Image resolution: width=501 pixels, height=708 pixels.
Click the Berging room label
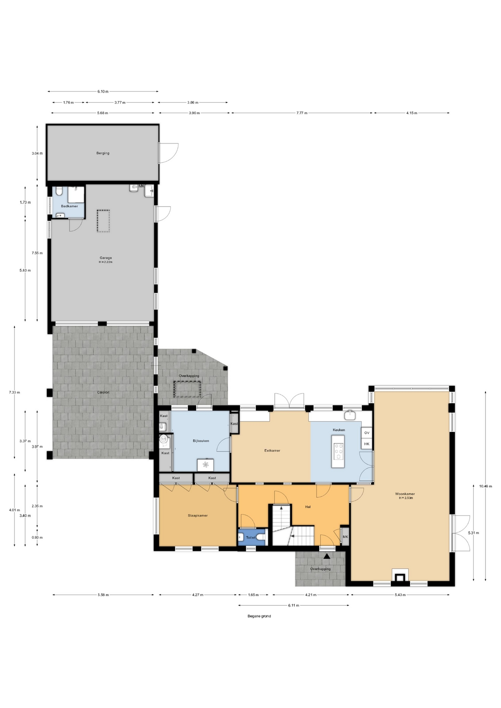(x=103, y=153)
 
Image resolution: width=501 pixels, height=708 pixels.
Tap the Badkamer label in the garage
(x=69, y=206)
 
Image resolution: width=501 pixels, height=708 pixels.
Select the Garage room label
(x=106, y=258)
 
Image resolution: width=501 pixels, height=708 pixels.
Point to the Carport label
(x=103, y=392)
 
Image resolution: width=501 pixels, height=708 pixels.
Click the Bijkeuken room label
(x=201, y=441)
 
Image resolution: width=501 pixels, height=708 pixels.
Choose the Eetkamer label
(x=272, y=451)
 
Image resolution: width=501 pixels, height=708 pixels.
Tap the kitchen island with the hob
(x=338, y=451)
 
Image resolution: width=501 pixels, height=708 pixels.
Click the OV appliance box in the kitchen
(x=367, y=433)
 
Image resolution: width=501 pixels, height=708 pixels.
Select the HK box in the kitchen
(x=367, y=444)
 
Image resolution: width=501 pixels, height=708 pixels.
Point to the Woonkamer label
(x=405, y=494)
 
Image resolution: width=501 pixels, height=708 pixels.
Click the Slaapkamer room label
(x=198, y=516)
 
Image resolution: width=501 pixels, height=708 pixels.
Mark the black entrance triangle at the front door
(x=327, y=556)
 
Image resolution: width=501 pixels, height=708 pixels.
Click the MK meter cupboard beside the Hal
(x=345, y=537)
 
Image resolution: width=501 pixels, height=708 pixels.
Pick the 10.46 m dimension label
(x=486, y=486)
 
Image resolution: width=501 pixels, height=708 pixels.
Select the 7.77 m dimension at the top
(x=302, y=113)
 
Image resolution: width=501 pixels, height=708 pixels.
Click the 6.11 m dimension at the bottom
(x=293, y=605)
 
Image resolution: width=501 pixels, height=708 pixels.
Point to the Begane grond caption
(x=259, y=616)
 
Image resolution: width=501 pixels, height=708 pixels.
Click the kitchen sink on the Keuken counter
(x=350, y=415)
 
